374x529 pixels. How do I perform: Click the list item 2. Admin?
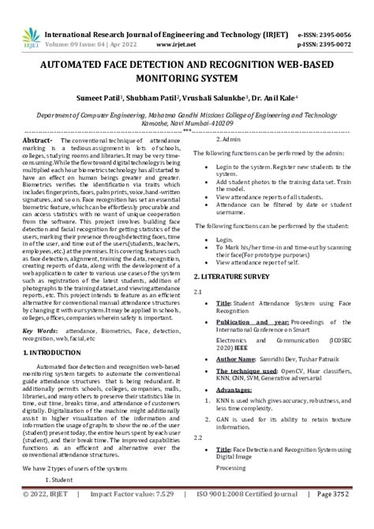(x=229, y=139)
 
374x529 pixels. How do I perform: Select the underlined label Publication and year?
(x=249, y=323)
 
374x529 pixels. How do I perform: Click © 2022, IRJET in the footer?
(x=46, y=516)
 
